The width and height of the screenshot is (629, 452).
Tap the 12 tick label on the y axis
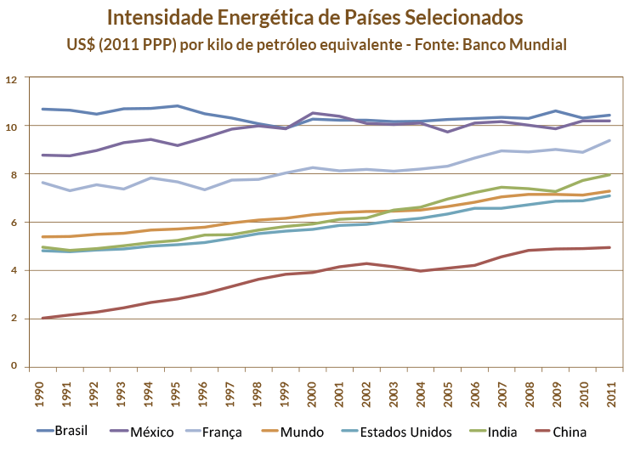11,79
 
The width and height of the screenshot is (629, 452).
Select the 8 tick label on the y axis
14,175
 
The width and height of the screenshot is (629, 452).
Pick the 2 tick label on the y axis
14,318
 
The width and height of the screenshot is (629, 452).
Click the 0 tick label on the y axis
14,366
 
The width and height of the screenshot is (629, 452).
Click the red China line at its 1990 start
42,318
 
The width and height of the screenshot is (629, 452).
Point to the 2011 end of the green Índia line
609,174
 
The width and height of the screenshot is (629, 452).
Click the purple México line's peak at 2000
314,112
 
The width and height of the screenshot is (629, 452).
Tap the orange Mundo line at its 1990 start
42,237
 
